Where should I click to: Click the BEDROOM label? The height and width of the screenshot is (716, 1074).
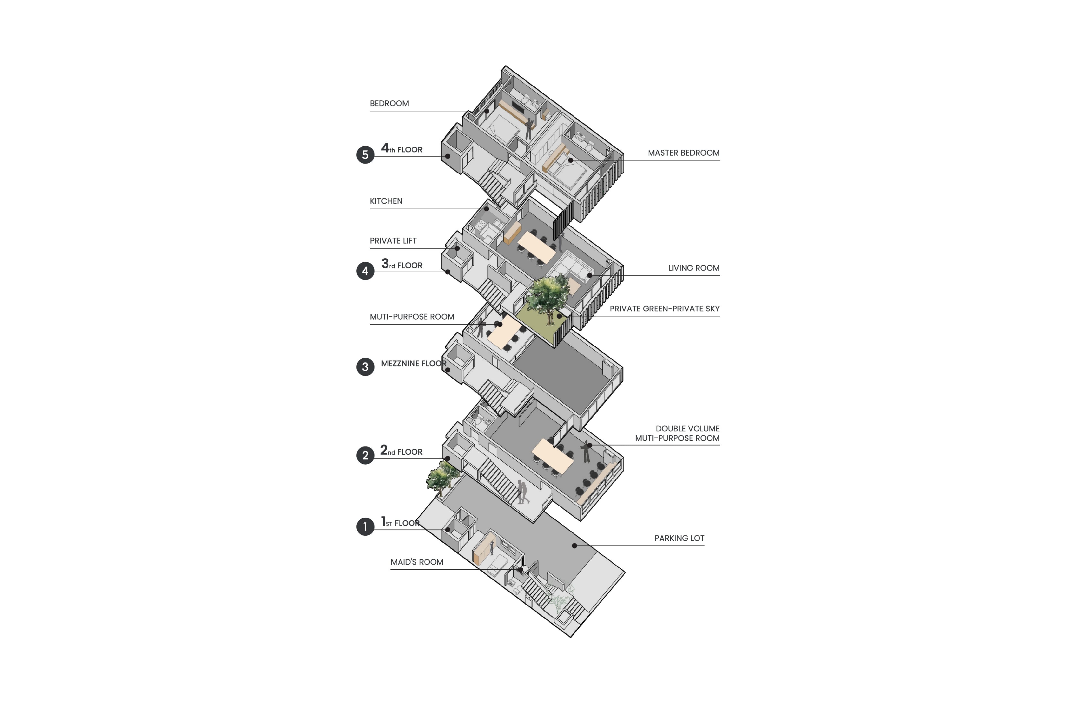[389, 104]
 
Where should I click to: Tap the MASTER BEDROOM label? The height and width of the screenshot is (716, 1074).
[684, 153]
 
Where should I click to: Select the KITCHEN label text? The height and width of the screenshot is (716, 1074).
[386, 201]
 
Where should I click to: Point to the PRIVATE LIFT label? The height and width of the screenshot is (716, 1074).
[393, 241]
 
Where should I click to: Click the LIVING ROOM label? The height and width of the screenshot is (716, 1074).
[694, 268]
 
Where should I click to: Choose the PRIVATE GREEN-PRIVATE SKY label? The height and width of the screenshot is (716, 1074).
[664, 309]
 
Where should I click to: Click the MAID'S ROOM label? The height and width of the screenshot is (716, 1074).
[417, 562]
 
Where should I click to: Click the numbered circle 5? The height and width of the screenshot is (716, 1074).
[365, 155]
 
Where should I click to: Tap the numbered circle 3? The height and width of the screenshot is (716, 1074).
[365, 367]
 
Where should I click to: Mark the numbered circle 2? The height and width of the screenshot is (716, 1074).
[365, 455]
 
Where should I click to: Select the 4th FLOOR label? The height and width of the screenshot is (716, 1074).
[402, 148]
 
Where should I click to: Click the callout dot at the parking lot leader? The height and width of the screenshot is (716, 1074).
[574, 546]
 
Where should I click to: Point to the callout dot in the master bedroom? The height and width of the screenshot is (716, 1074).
[570, 160]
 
